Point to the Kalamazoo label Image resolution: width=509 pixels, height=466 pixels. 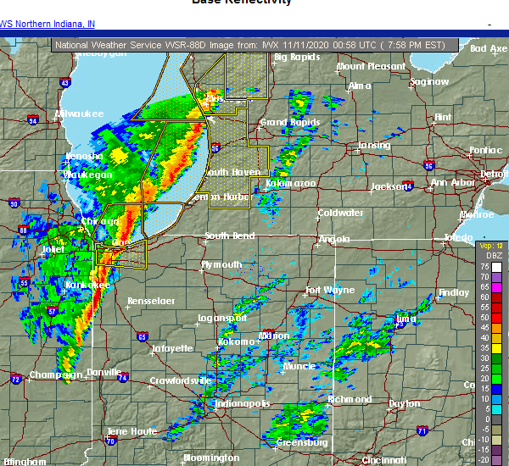(291, 183)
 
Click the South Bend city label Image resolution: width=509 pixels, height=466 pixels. (229, 236)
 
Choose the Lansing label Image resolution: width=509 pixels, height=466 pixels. (373, 145)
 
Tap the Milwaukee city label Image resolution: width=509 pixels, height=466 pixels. (79, 114)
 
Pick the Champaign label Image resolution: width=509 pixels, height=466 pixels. (54, 374)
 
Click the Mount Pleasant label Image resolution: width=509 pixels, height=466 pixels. (370, 66)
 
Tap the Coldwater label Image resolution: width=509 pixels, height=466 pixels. (340, 213)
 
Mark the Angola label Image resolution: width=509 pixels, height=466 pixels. (334, 239)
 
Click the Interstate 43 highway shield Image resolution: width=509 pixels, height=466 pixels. (65, 82)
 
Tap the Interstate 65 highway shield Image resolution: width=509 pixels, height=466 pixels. (142, 336)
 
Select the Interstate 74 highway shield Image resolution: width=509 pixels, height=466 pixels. (123, 377)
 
